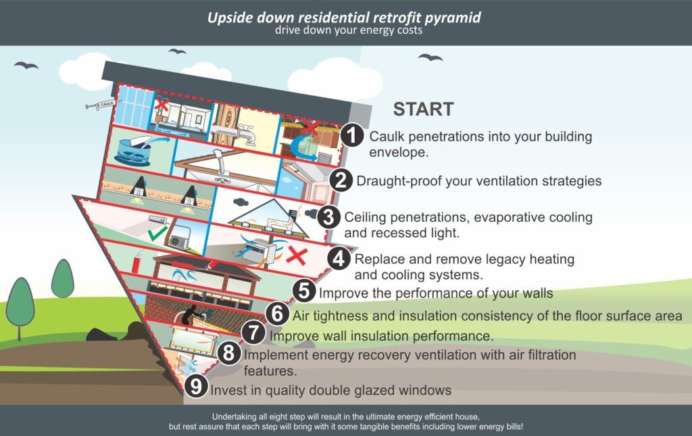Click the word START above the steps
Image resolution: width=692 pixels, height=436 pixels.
tap(424, 109)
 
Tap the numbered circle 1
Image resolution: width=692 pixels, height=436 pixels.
tap(352, 136)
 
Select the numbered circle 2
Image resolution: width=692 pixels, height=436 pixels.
tap(342, 180)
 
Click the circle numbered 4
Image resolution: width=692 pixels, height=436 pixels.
tap(339, 258)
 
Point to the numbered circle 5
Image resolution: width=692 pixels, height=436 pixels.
tap(305, 291)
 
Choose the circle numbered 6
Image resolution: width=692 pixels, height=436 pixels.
tap(276, 314)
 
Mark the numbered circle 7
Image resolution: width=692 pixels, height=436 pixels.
tap(253, 334)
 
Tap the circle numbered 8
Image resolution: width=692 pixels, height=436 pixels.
tap(228, 352)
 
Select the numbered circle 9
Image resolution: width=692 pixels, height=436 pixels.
tap(195, 386)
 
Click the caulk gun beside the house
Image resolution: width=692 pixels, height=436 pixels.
tap(99, 105)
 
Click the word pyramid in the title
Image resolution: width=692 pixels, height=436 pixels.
tap(450, 17)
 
